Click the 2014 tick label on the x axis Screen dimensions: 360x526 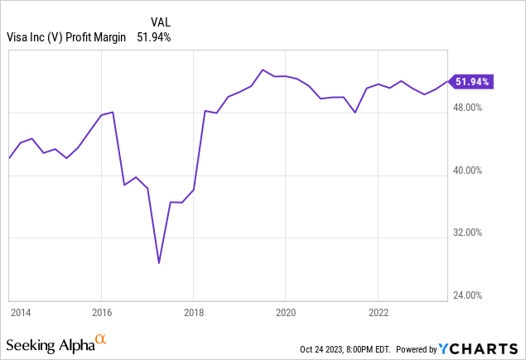click(21, 312)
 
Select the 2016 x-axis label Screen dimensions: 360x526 click(101, 312)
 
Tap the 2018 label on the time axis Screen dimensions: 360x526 click(193, 312)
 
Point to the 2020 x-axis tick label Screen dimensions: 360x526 click(285, 312)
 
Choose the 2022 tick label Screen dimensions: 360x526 click(378, 312)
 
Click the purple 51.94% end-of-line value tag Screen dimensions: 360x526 click(473, 81)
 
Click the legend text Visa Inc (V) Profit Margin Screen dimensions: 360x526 click(65, 36)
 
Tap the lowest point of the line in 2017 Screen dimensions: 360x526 click(159, 263)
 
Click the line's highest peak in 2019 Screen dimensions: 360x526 click(263, 70)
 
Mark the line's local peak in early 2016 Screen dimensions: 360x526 click(113, 112)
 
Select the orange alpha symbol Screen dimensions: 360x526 click(101, 339)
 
